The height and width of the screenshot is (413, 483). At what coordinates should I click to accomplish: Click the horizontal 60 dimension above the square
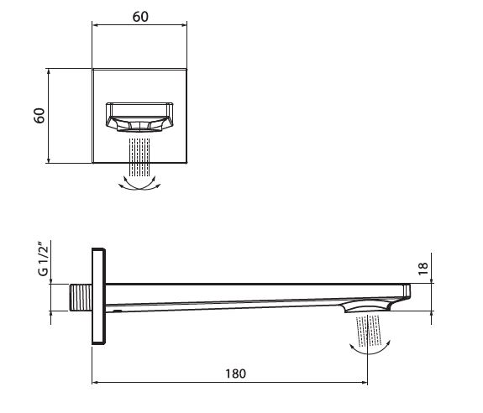(140, 17)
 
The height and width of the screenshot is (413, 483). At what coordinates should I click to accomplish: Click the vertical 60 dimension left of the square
(39, 116)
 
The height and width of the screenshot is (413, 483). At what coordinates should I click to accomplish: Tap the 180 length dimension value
(236, 374)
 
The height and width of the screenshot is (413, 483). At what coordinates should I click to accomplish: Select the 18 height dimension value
(423, 269)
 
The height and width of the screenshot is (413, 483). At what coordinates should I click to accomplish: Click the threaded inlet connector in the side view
(81, 297)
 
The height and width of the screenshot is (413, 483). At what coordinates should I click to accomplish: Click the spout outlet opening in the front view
(139, 118)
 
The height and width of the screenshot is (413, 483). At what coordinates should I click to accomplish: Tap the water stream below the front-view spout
(139, 157)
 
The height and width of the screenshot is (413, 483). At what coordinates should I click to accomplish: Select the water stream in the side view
(369, 330)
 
